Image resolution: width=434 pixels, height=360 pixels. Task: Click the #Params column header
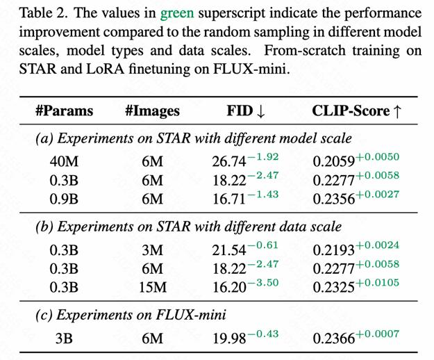pyautogui.click(x=63, y=111)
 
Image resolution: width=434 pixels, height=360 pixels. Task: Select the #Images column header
pyautogui.click(x=152, y=111)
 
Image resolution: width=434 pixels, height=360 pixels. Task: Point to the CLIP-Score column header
pyautogui.click(x=353, y=111)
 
